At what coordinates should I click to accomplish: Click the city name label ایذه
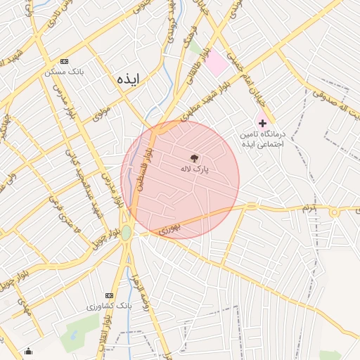(129, 79)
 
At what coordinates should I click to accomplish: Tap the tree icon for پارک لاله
(195, 158)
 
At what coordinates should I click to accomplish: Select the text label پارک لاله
(201, 169)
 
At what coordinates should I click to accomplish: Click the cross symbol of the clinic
(263, 122)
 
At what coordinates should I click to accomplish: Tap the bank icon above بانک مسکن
(65, 61)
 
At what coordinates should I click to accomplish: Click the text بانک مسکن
(64, 72)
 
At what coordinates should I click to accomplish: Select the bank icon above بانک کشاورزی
(109, 295)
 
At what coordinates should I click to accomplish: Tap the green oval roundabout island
(126, 233)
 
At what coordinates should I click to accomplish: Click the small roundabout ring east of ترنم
(335, 212)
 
